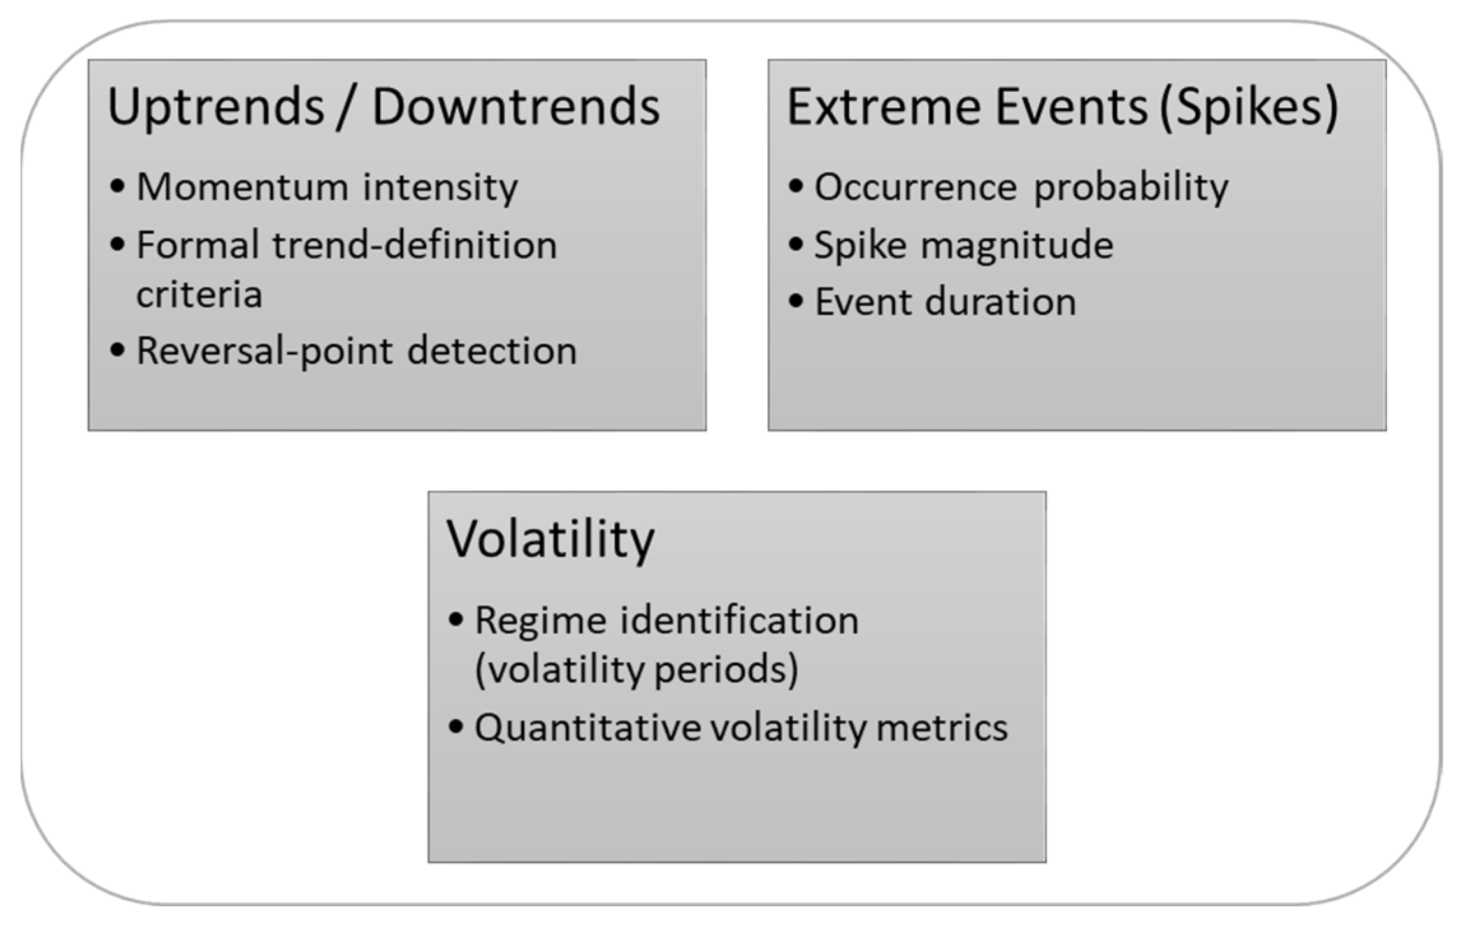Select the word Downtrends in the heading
click(515, 107)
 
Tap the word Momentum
click(242, 187)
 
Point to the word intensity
click(440, 187)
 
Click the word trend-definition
click(415, 245)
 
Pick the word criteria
click(199, 294)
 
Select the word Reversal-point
click(264, 351)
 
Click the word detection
click(492, 351)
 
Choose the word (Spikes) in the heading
click(1249, 107)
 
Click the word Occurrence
click(916, 187)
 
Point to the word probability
click(1131, 189)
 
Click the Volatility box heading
click(550, 539)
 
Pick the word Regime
click(540, 620)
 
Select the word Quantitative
click(587, 728)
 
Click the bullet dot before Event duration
click(796, 301)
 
